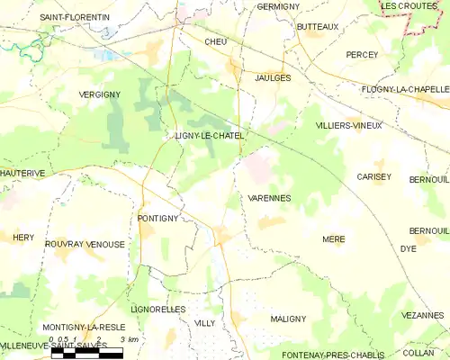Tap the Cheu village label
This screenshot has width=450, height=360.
point(216,41)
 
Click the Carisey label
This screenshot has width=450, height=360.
point(373,176)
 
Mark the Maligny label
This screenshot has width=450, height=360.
point(288,319)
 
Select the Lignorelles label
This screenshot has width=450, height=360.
point(158,309)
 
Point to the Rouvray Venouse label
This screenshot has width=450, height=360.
point(85,244)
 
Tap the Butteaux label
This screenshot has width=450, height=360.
point(318,27)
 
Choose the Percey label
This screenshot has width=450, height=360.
point(362,55)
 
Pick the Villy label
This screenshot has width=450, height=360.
point(204,321)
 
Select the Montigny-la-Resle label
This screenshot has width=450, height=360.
point(85,326)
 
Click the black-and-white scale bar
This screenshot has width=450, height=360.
point(86,354)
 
